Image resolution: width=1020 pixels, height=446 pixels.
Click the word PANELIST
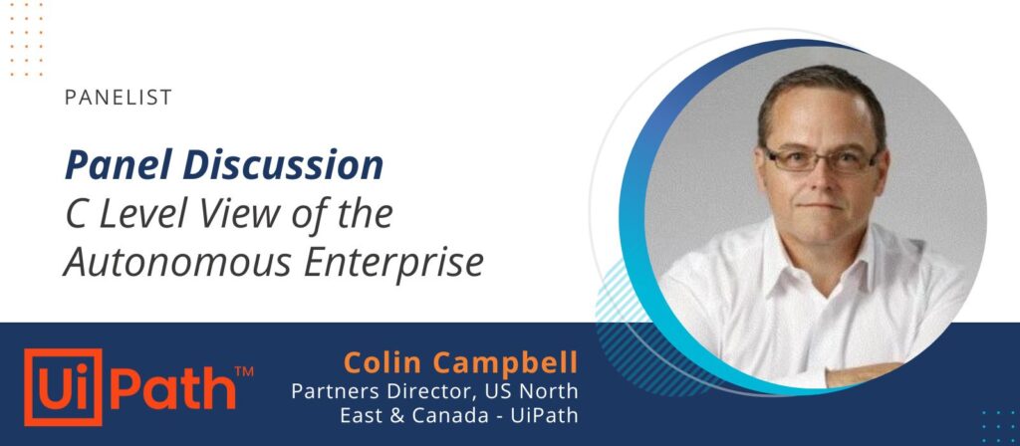pyautogui.click(x=119, y=98)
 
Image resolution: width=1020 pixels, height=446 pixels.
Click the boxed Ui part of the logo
pyautogui.click(x=63, y=387)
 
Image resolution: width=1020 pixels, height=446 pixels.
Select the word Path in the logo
pyautogui.click(x=171, y=387)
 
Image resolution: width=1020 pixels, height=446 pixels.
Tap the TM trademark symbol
pyautogui.click(x=243, y=372)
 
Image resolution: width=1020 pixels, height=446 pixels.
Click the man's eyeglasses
pyautogui.click(x=821, y=159)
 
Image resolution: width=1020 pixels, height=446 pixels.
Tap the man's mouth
pyautogui.click(x=822, y=207)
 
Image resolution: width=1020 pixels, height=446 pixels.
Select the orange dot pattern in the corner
pyautogui.click(x=26, y=39)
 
